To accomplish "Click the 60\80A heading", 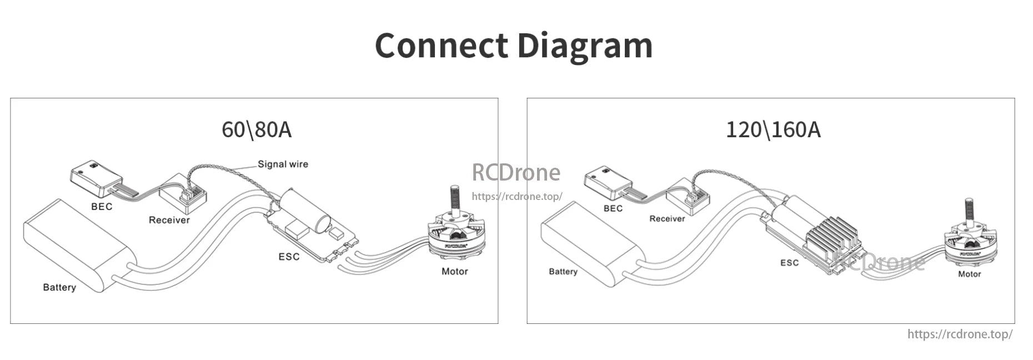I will point(256,129).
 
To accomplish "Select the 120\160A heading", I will point(773,129).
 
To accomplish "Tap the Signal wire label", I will point(283,164).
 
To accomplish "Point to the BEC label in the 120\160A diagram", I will point(613,208).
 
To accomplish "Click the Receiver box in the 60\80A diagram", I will point(183,192).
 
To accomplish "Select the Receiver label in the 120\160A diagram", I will point(667,218).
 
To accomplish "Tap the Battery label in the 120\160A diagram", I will point(563,271).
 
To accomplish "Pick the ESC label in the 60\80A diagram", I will point(289,257).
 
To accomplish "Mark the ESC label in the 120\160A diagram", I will point(789,262).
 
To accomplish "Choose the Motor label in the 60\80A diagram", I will point(454,271).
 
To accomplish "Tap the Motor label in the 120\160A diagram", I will point(969,274).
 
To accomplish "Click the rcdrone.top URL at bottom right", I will point(959,334).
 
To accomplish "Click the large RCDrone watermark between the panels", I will point(516,172).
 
